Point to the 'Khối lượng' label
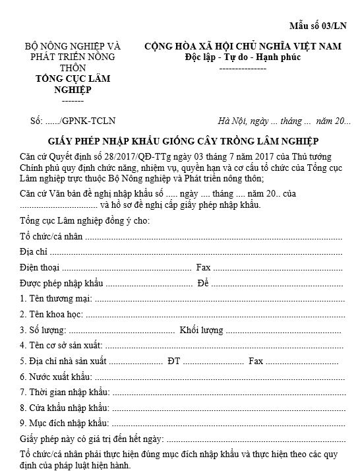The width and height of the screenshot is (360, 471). pyautogui.click(x=201, y=330)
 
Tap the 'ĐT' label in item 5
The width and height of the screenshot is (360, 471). pyautogui.click(x=174, y=361)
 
